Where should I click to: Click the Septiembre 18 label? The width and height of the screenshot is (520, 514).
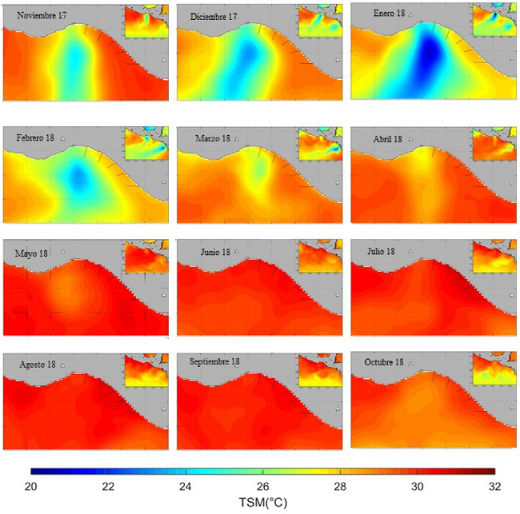coord(215,362)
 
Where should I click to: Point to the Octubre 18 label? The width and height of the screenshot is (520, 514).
coord(382,362)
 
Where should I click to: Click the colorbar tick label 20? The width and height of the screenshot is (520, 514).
coord(31,486)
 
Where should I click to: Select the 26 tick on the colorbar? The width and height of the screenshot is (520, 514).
coord(262,486)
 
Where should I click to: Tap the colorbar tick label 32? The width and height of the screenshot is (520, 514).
coord(494,486)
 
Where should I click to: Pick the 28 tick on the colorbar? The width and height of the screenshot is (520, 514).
coord(340,486)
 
